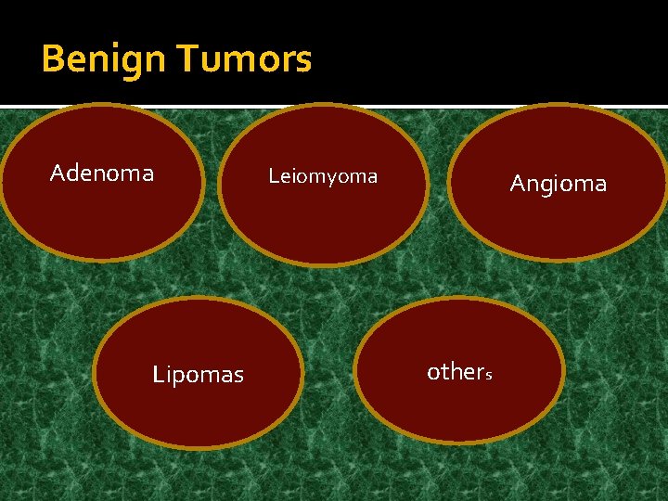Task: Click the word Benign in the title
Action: (103, 59)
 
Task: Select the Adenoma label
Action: (102, 173)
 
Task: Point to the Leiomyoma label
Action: (323, 175)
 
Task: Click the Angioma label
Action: (559, 184)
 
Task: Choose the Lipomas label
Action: (198, 375)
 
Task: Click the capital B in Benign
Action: (53, 59)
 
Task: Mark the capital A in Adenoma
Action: (58, 173)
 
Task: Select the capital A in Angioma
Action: (518, 184)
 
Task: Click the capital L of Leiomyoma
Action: (274, 175)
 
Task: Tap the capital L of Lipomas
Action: (158, 375)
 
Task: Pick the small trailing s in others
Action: (488, 376)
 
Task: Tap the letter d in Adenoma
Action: (72, 173)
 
